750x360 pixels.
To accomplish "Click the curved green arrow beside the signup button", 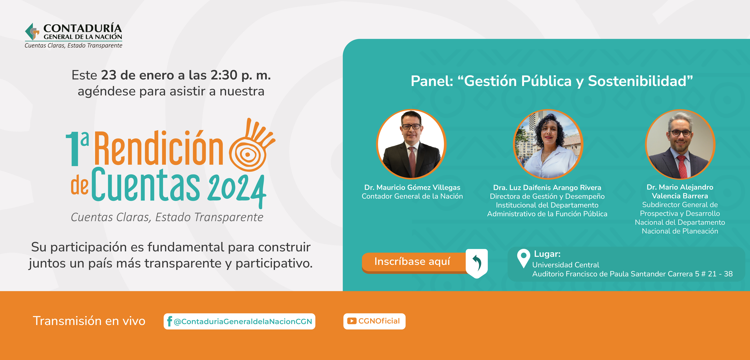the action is [x=477, y=263].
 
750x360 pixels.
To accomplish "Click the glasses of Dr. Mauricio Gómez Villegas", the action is [x=411, y=126].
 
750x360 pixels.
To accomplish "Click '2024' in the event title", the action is [x=237, y=189].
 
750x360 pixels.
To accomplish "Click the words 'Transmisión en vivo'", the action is [x=89, y=321].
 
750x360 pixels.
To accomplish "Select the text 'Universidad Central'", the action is [x=566, y=265].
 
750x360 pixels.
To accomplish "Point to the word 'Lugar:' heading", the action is [x=547, y=254].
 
